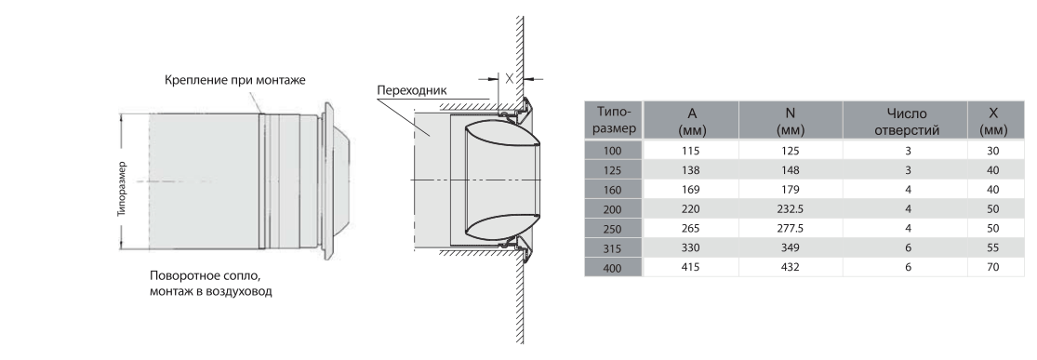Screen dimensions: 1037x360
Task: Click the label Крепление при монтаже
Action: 234,80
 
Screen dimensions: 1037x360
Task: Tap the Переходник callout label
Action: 412,90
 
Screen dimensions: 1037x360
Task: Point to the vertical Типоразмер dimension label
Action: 122,189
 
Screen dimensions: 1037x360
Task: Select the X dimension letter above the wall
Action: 510,78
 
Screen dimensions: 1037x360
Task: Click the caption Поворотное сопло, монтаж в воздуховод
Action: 211,283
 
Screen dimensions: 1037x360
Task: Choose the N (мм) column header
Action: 791,120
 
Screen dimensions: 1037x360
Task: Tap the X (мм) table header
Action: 995,120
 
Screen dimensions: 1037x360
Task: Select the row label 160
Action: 613,189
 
